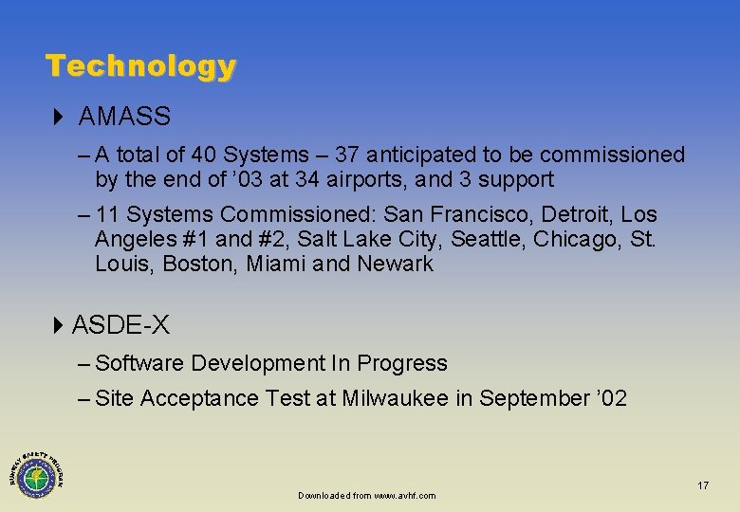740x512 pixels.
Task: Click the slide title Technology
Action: click(x=140, y=66)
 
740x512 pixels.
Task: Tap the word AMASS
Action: click(x=124, y=118)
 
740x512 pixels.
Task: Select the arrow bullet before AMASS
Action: click(x=58, y=118)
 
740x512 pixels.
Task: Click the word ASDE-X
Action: click(x=120, y=326)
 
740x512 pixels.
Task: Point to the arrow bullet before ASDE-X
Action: click(x=58, y=326)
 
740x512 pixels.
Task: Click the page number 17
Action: click(x=703, y=485)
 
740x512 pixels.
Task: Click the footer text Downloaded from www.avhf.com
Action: click(x=366, y=496)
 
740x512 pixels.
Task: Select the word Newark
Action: click(x=395, y=265)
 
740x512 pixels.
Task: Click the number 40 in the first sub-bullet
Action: click(x=203, y=155)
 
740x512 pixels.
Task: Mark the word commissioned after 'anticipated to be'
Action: click(x=618, y=155)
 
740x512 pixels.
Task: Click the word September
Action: click(x=534, y=399)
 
